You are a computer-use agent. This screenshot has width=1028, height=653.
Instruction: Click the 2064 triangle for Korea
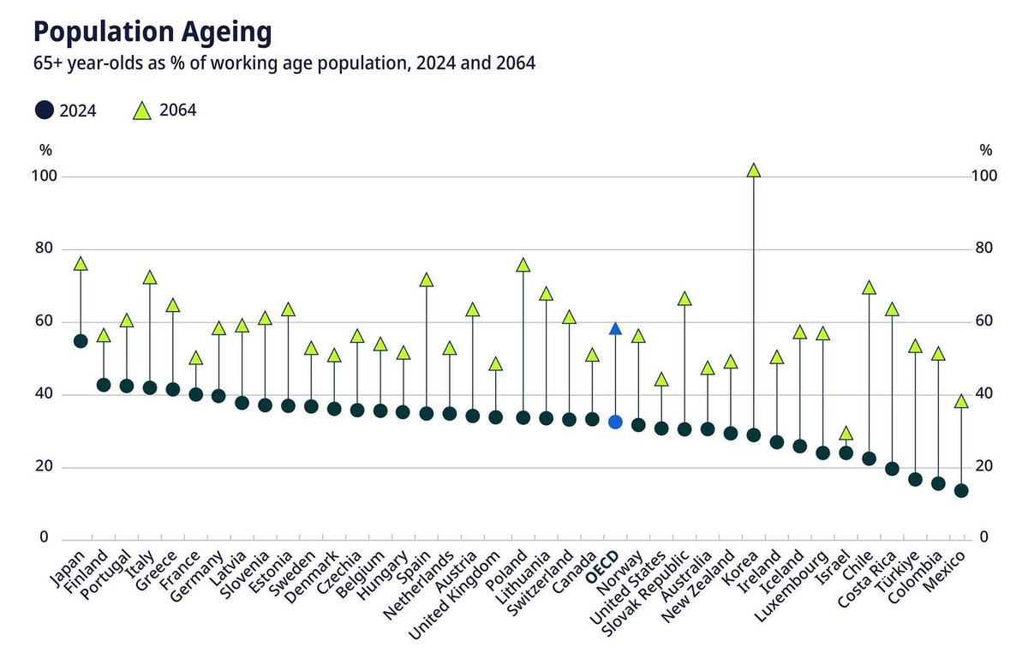753,171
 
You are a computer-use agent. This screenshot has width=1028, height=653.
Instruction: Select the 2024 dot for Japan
81,341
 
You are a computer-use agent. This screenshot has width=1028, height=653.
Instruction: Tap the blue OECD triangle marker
615,329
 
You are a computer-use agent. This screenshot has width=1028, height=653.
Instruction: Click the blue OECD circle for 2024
615,422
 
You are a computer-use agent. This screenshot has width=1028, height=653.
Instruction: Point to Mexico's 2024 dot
961,490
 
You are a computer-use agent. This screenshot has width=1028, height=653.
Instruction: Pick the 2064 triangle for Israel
846,434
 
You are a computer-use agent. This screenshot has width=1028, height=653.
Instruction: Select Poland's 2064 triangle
523,266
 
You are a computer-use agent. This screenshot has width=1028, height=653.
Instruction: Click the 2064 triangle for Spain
427,280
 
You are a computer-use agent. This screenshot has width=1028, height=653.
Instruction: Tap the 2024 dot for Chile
869,458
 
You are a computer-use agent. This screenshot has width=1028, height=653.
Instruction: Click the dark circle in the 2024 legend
45,110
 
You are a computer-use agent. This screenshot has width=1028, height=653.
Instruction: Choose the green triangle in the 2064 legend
143,110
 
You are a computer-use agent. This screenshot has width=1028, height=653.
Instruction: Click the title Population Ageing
152,33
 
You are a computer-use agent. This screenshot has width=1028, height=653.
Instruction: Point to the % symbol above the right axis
986,150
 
